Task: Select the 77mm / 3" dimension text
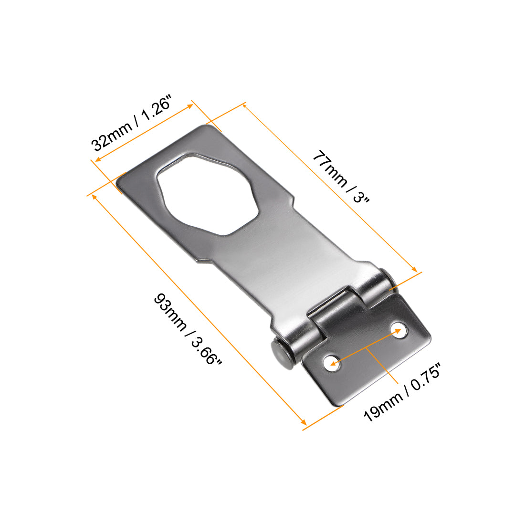341,177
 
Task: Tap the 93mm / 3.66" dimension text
188,330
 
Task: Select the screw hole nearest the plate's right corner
397,330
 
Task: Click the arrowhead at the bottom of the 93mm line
304,422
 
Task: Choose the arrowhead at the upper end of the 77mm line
245,106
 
